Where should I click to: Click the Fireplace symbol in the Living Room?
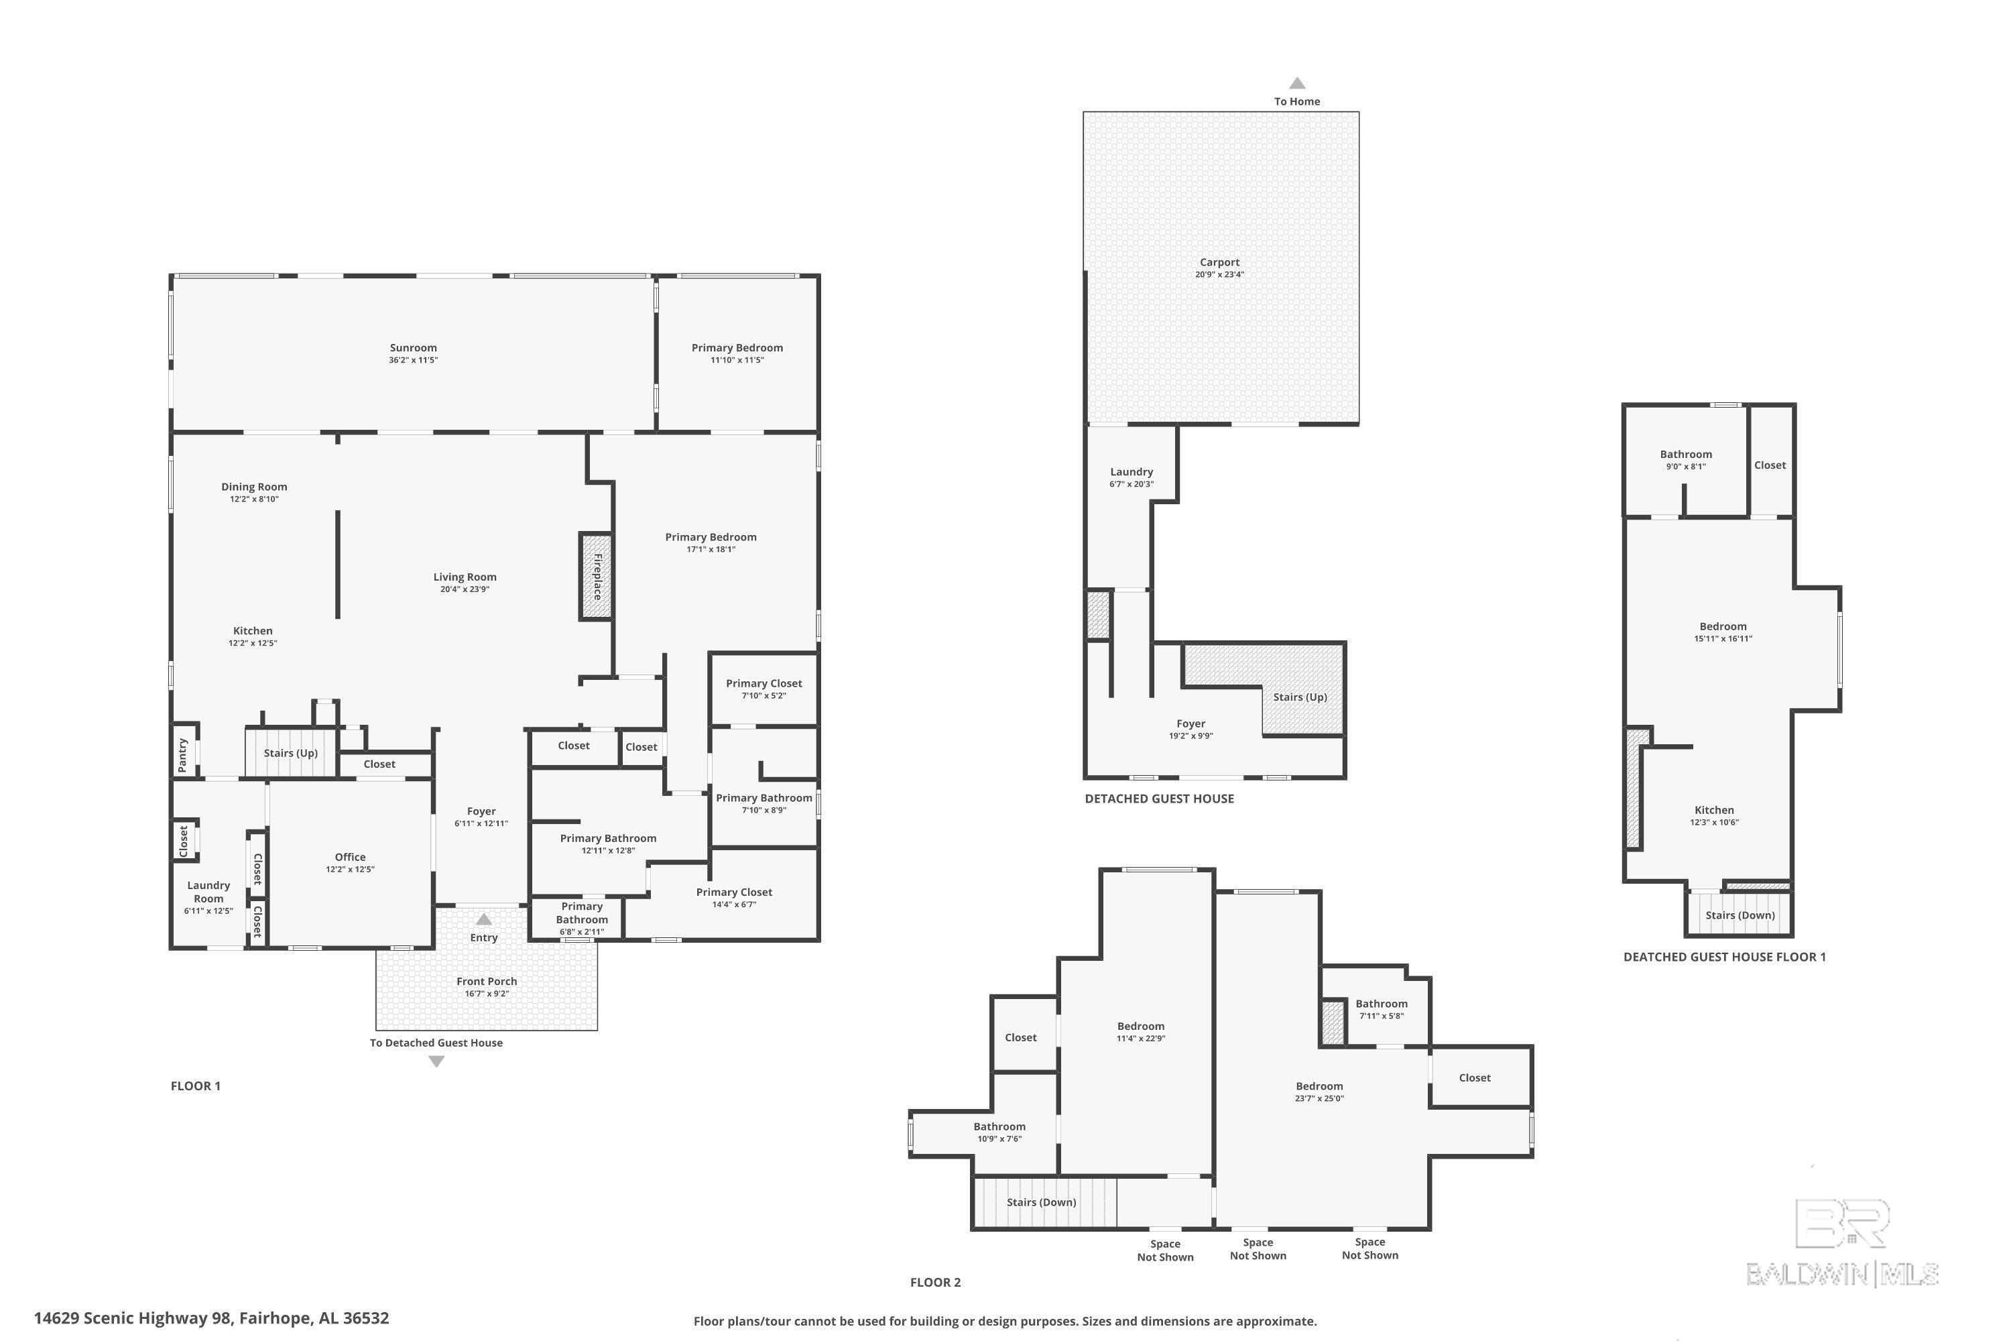[597, 577]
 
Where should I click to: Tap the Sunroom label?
[413, 348]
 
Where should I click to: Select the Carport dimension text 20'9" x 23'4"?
[1219, 274]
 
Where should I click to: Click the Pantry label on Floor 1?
[182, 754]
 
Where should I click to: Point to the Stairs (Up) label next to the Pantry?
[291, 752]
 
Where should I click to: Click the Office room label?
[350, 857]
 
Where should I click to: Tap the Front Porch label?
[487, 981]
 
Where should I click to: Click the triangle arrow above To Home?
[1297, 83]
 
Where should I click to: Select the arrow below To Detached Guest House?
[436, 1061]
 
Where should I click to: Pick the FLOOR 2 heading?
[935, 1282]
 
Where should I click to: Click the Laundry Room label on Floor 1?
[208, 892]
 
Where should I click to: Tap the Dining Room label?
[254, 487]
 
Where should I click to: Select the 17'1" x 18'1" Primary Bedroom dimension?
[711, 549]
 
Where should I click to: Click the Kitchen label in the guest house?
[1714, 810]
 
